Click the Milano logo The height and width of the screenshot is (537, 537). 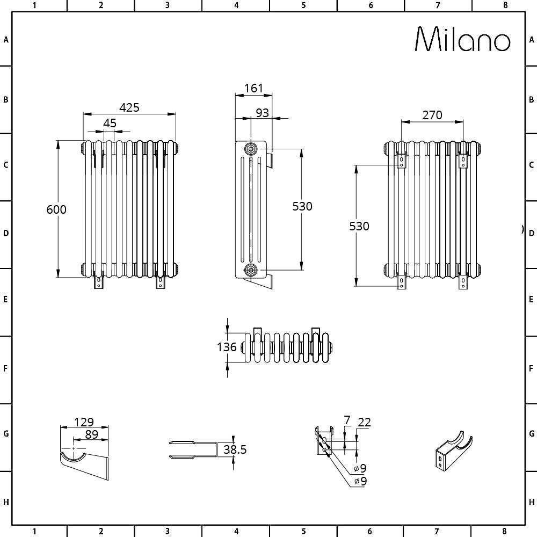463,39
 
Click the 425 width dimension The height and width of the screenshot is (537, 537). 129,107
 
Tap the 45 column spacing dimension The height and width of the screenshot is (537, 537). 110,123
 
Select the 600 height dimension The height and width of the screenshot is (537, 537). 56,209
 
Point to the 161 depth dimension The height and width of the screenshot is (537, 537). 253,89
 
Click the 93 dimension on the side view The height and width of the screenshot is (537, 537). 263,113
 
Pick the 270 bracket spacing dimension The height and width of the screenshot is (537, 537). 432,115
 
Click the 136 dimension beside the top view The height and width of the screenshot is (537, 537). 227,347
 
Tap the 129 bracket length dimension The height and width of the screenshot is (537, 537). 84,422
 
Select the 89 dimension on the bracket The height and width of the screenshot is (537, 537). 91,434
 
